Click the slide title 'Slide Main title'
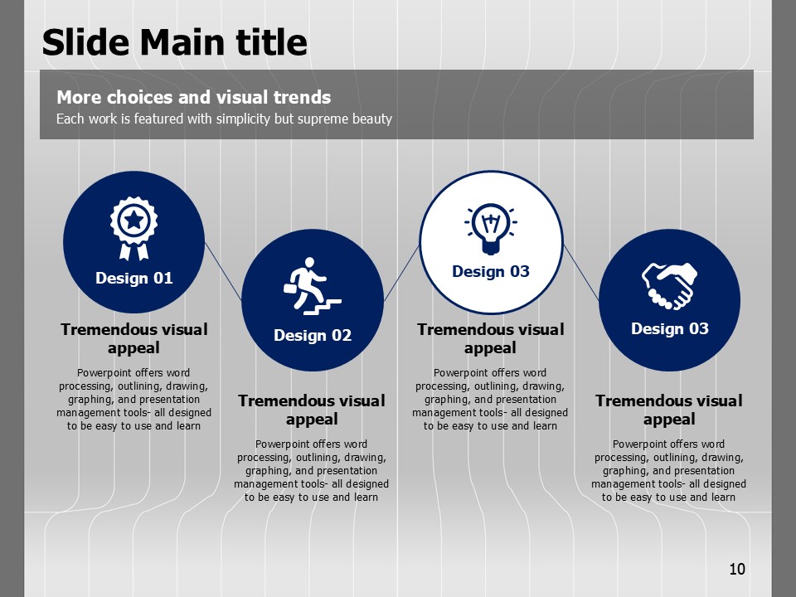(174, 41)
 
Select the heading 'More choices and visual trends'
(193, 97)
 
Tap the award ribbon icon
(133, 229)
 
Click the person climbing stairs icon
(312, 286)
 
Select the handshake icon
(669, 286)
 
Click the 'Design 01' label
(134, 279)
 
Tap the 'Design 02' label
(313, 336)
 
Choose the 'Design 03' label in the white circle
(490, 272)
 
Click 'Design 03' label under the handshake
(670, 329)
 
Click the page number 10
(737, 569)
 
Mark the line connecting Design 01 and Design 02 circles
(223, 271)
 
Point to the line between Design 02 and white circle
(401, 273)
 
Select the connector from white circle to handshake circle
(580, 272)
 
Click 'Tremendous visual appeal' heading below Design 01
(134, 338)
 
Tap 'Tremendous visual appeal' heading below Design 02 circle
(312, 410)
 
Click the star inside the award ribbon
(134, 221)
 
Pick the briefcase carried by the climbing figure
(290, 289)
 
